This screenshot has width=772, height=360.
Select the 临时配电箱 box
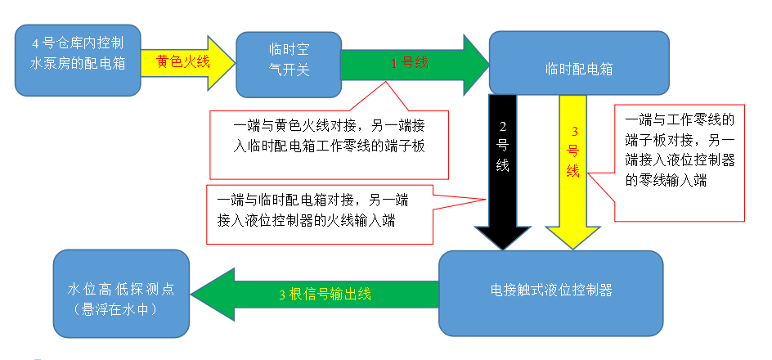578,62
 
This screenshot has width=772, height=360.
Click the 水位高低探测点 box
121,293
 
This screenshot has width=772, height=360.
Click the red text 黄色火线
183,61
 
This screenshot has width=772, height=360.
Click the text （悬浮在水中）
120,309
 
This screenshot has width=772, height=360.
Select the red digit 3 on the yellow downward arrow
574,131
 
